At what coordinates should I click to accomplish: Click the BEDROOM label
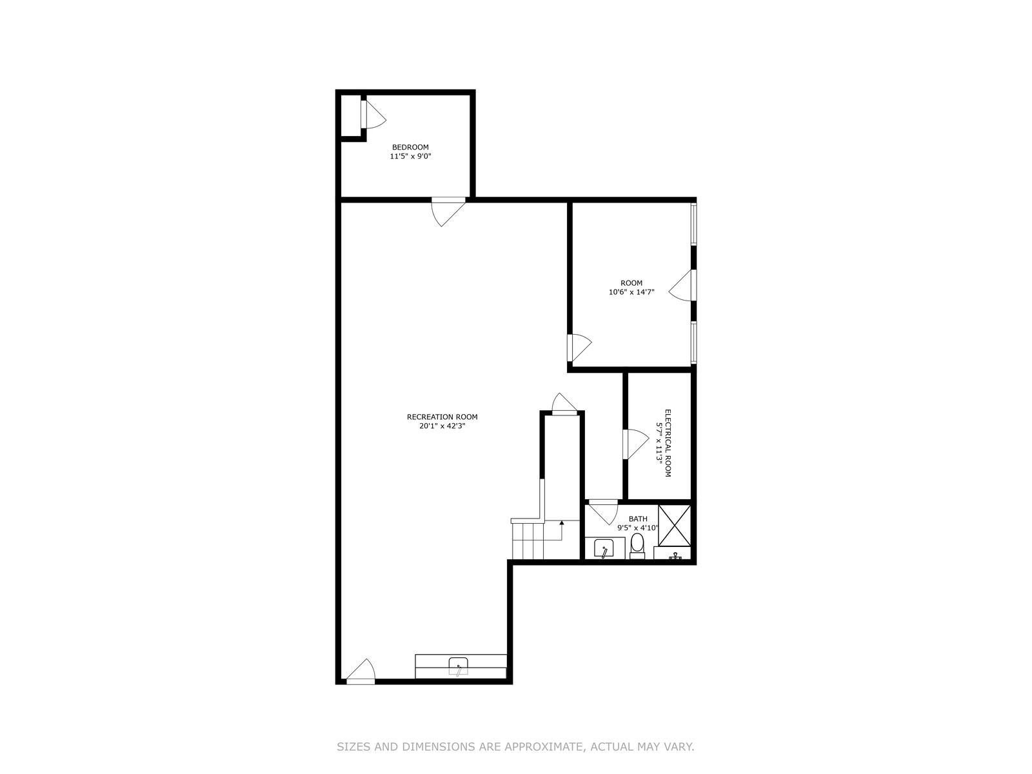pyautogui.click(x=410, y=147)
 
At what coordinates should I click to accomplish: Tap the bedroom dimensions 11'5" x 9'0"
pyautogui.click(x=410, y=157)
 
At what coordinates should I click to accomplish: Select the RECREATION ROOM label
pyautogui.click(x=442, y=417)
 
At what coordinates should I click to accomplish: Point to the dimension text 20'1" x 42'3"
pyautogui.click(x=442, y=426)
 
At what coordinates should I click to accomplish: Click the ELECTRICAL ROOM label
pyautogui.click(x=667, y=443)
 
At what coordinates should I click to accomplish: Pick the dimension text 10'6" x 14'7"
pyautogui.click(x=631, y=292)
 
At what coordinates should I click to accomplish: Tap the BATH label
pyautogui.click(x=637, y=519)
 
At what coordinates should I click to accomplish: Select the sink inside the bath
pyautogui.click(x=604, y=548)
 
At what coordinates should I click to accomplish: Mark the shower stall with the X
pyautogui.click(x=674, y=526)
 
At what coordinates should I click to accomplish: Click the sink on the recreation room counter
pyautogui.click(x=458, y=666)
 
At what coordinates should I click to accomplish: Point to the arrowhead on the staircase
pyautogui.click(x=561, y=522)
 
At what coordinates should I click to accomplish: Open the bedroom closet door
pyautogui.click(x=373, y=114)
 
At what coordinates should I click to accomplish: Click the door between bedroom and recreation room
pyautogui.click(x=448, y=212)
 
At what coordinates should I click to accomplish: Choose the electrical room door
pyautogui.click(x=636, y=444)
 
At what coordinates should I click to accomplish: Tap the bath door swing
pyautogui.click(x=602, y=511)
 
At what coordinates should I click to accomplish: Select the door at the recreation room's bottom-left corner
pyautogui.click(x=361, y=671)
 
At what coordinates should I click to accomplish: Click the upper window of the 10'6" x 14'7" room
pyautogui.click(x=693, y=224)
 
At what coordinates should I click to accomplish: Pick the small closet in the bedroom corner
pyautogui.click(x=350, y=115)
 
